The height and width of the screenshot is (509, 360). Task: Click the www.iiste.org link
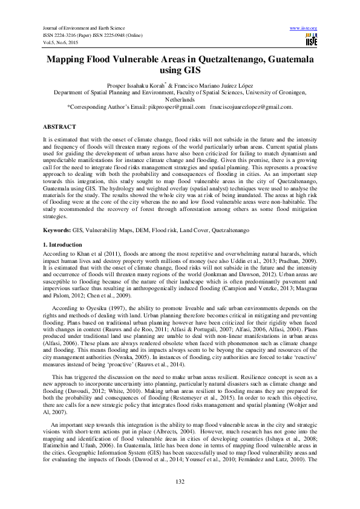click(304, 28)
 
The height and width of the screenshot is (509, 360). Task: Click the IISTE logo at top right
click(312, 39)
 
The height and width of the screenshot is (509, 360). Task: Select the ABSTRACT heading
click(59, 126)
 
